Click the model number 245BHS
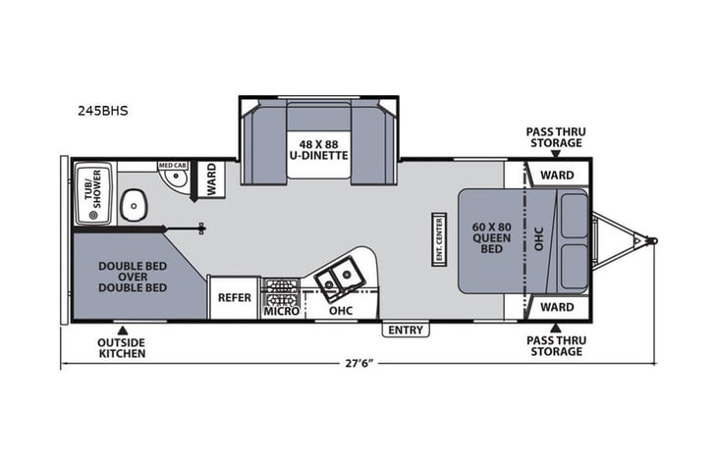(100, 111)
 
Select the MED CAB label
(173, 166)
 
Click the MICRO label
(280, 311)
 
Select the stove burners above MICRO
(281, 290)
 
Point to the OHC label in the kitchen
(341, 311)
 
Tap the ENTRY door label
(406, 330)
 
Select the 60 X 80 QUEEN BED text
(488, 236)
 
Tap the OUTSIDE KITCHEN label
(122, 347)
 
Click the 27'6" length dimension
(359, 364)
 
